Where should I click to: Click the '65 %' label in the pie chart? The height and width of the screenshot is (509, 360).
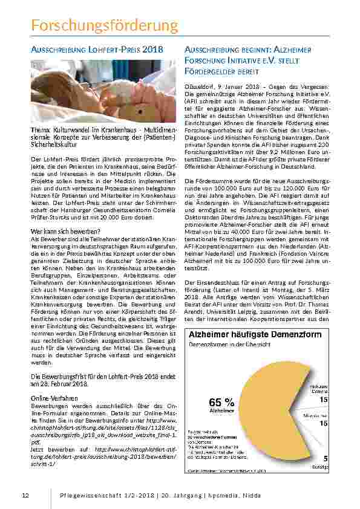click(221, 401)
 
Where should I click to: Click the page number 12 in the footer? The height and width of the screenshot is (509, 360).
click(25, 496)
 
